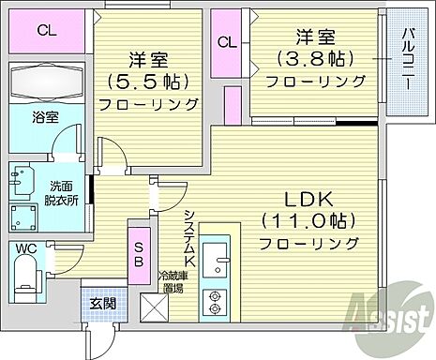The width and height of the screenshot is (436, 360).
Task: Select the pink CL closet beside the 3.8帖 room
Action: tap(226, 43)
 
